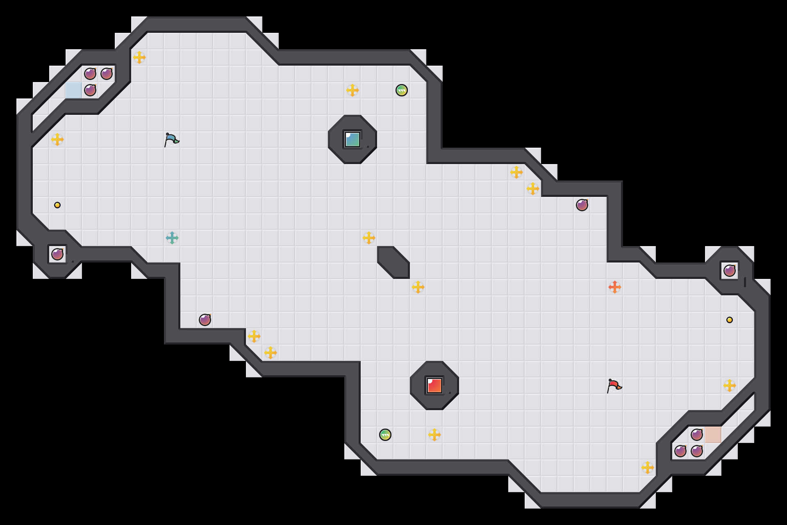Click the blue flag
pos(171,139)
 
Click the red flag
pos(614,386)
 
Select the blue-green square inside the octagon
pos(353,139)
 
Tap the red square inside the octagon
pos(434,386)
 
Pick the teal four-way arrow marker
pos(172,238)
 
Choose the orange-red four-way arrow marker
pos(615,287)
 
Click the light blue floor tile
pos(74,90)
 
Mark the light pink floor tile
pos(713,435)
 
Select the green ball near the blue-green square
pos(402,90)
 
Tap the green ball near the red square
pos(385,435)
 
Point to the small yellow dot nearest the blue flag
pos(57,205)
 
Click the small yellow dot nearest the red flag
pos(730,320)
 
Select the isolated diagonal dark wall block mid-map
pos(393,262)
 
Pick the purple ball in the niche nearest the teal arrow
pos(57,254)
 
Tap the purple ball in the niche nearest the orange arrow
pos(730,271)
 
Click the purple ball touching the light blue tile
pos(90,90)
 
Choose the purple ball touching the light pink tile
pos(697,435)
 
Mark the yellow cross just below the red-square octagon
pos(434,435)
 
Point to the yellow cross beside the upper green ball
pos(353,90)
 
